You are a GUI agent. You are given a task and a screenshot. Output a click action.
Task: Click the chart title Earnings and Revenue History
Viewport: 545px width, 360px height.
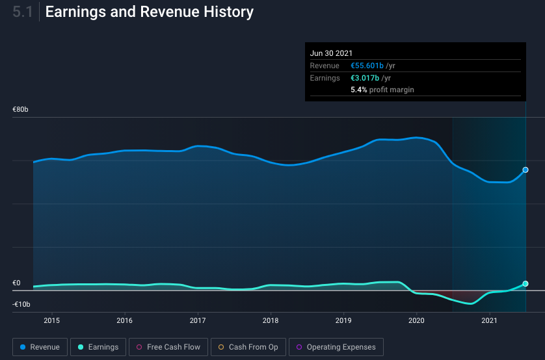[x=150, y=12]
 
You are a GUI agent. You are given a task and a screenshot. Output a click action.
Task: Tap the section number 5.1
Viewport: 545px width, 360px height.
[x=23, y=12]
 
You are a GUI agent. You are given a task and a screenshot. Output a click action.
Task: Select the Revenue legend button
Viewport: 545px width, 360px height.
[x=40, y=347]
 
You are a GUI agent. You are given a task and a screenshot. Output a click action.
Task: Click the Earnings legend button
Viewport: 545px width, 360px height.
[x=98, y=347]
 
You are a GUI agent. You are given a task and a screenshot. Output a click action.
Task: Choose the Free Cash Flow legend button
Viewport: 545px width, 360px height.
[x=168, y=347]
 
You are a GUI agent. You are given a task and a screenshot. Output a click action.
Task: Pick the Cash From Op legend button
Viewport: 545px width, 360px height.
[x=248, y=347]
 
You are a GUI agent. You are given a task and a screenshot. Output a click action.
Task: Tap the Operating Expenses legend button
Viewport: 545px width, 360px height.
[x=336, y=347]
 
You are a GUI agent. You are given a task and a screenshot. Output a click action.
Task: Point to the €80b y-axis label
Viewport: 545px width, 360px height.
[x=21, y=109]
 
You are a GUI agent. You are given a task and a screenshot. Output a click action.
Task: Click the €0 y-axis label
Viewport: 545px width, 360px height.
[x=16, y=283]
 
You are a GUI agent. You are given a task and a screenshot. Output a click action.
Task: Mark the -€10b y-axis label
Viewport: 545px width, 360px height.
[x=21, y=304]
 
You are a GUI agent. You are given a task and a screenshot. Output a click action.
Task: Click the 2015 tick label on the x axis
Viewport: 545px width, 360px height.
[x=52, y=320]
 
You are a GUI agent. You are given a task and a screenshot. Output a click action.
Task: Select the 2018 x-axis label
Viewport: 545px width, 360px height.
[x=271, y=320]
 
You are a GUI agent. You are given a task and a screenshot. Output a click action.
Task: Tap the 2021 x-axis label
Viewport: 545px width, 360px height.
[x=489, y=320]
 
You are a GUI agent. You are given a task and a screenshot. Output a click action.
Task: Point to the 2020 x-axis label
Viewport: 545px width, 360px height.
[x=416, y=320]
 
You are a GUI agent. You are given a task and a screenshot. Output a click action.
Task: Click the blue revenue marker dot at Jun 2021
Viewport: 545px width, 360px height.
[x=525, y=170]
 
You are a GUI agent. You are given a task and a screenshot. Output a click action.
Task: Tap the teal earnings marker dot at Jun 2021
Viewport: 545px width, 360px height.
[x=525, y=283]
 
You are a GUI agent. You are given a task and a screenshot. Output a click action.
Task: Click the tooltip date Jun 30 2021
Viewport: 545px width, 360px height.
[x=331, y=53]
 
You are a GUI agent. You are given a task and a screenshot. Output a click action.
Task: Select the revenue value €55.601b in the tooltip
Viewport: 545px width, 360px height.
[x=367, y=66]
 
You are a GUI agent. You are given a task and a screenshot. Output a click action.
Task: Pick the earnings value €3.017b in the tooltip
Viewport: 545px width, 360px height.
[x=365, y=78]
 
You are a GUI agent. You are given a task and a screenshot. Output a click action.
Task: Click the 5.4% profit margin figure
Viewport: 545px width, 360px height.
[x=359, y=90]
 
